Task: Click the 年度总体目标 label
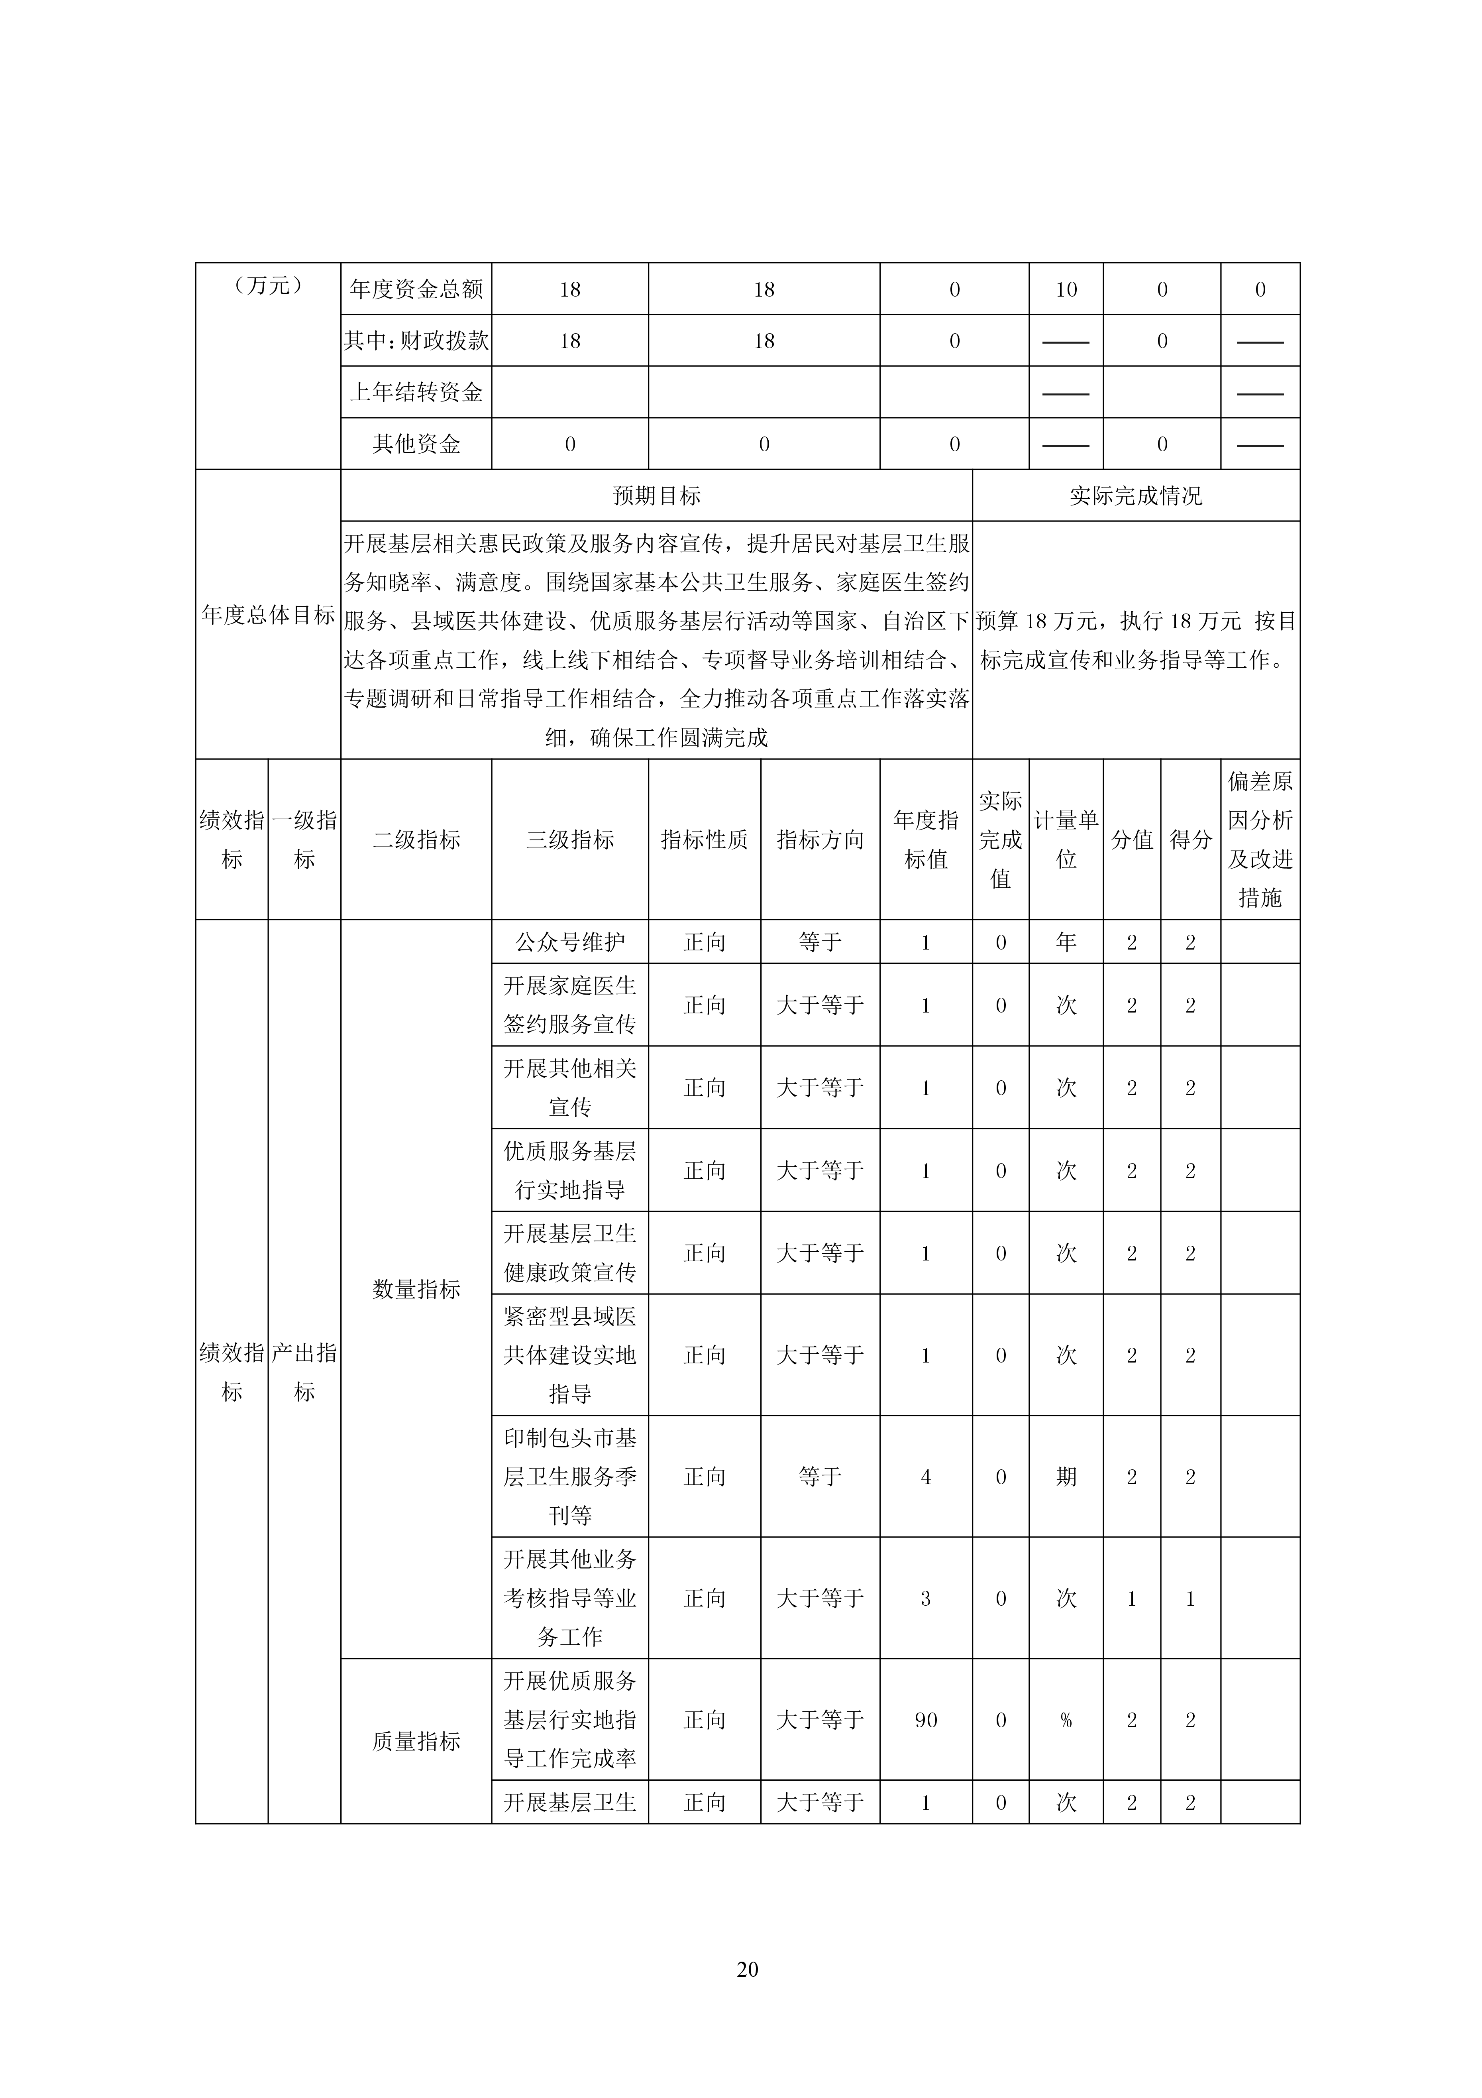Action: (268, 615)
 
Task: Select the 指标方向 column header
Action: (820, 839)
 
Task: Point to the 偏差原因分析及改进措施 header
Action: (1260, 839)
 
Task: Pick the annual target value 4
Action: (926, 1477)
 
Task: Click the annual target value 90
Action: (926, 1720)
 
